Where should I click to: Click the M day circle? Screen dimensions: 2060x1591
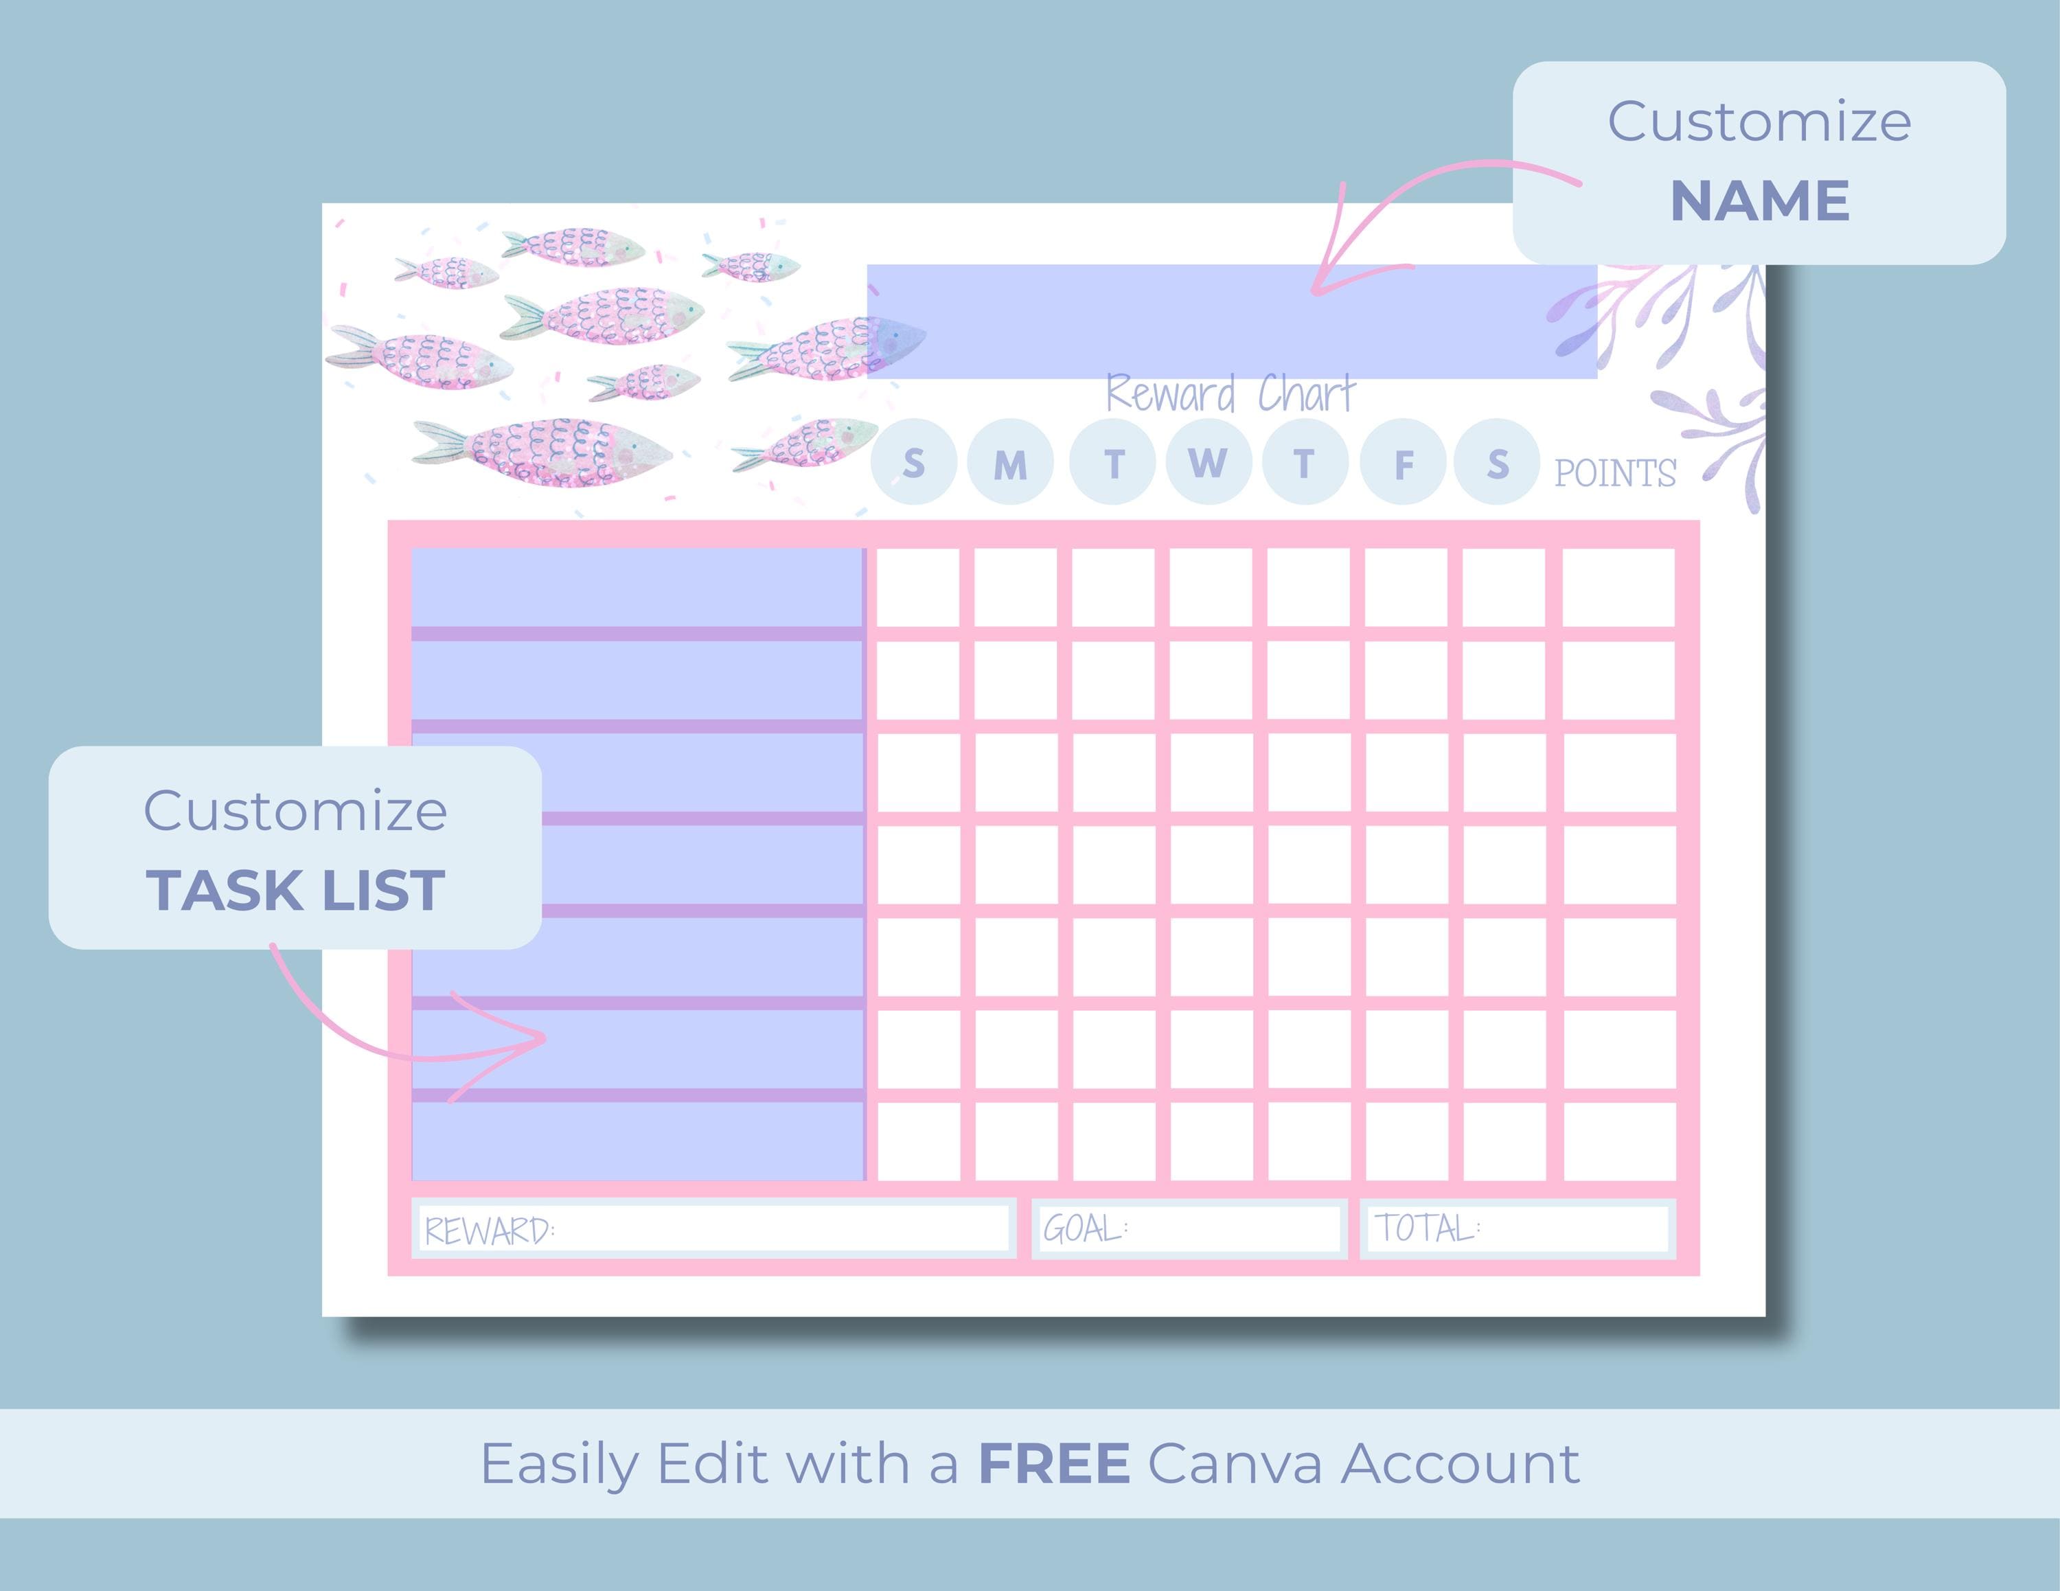pyautogui.click(x=1010, y=462)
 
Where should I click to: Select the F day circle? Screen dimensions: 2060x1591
pyautogui.click(x=1404, y=462)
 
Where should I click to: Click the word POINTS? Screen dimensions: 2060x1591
pyautogui.click(x=1615, y=473)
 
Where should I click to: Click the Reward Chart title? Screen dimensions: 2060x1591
pyautogui.click(x=1230, y=394)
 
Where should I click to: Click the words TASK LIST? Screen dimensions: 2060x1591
pyautogui.click(x=295, y=891)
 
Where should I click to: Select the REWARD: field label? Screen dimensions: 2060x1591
pyautogui.click(x=490, y=1231)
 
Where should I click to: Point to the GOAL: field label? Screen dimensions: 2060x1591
pyautogui.click(x=1086, y=1228)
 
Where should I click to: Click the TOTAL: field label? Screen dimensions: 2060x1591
pyautogui.click(x=1427, y=1228)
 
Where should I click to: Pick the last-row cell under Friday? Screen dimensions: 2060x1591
pyautogui.click(x=1406, y=1141)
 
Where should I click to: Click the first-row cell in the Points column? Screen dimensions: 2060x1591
pyautogui.click(x=1618, y=586)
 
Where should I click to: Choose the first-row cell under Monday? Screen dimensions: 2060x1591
pyautogui.click(x=1015, y=586)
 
